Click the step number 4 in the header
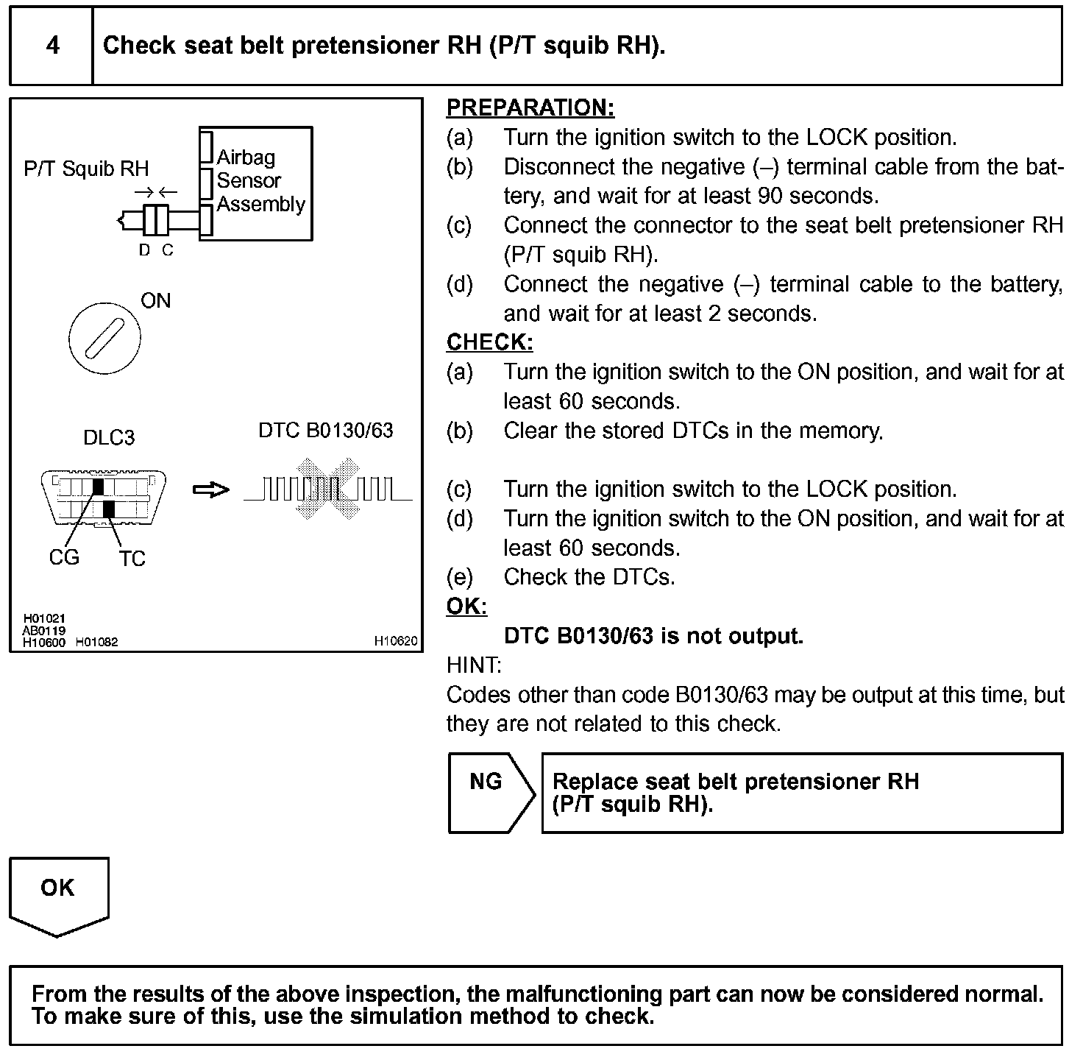tap(53, 46)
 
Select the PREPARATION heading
tap(530, 108)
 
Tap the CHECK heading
tap(489, 342)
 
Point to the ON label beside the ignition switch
tap(155, 300)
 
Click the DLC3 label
tap(109, 438)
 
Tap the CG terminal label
tap(64, 557)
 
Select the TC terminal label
tap(132, 559)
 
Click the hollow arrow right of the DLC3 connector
tap(210, 489)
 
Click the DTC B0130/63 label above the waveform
tap(326, 431)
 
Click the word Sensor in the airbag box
tap(249, 180)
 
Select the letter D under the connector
tap(144, 250)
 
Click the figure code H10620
tap(396, 641)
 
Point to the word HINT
tap(474, 665)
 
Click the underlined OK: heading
tap(466, 607)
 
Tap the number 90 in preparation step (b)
tap(760, 196)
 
